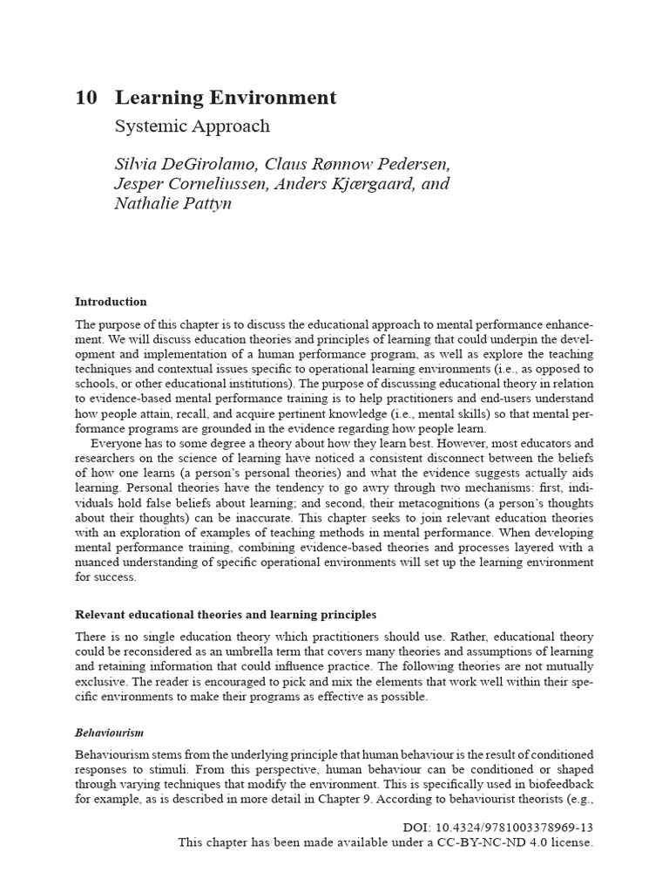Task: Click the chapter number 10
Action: point(85,98)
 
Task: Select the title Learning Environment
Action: point(226,98)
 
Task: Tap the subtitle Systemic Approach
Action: point(193,126)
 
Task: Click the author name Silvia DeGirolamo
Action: point(185,164)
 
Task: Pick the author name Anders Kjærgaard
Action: point(345,184)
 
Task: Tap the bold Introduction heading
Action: point(111,302)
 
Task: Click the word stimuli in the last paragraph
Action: point(173,769)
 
